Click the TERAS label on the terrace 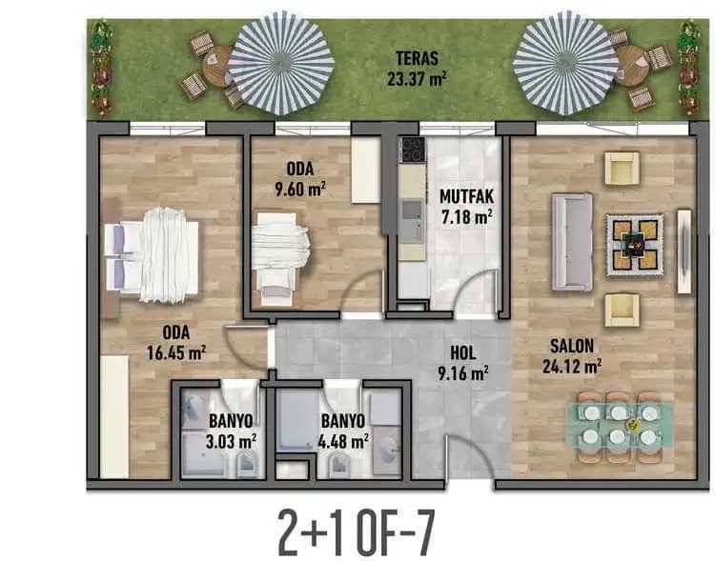click(417, 58)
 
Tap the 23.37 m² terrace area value click(417, 78)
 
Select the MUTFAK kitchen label click(466, 196)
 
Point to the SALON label click(572, 346)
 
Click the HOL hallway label click(462, 352)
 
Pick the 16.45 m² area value click(176, 352)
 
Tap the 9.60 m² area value click(300, 189)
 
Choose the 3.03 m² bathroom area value click(231, 441)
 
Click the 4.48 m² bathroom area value click(343, 441)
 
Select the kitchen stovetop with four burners click(412, 150)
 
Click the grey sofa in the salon click(572, 242)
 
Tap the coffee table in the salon click(634, 245)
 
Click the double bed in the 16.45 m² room click(152, 255)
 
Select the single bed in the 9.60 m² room click(280, 259)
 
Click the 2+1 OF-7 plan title click(357, 532)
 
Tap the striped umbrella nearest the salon click(565, 63)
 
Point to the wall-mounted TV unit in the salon click(684, 251)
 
